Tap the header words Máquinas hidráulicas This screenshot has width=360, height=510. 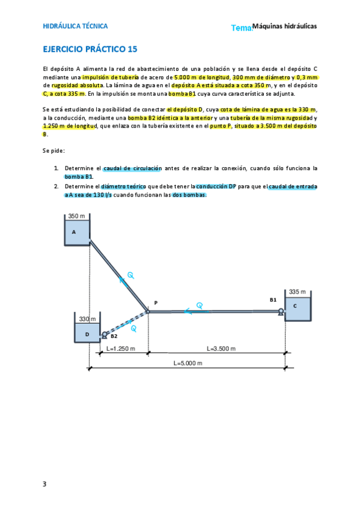tap(284, 26)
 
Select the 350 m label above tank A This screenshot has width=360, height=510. tap(76, 216)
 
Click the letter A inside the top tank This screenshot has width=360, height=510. tap(74, 232)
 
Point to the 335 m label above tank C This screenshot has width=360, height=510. tap(297, 292)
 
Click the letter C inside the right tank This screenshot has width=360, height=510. tap(295, 306)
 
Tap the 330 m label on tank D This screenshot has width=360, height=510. tap(88, 319)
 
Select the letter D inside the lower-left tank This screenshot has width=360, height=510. tap(87, 334)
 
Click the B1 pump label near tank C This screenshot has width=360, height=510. tap(273, 299)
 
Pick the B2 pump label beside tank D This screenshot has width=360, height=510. tap(114, 336)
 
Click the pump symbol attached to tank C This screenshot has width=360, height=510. tap(281, 312)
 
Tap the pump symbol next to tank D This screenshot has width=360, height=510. tap(105, 334)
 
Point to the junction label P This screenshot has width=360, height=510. tap(155, 303)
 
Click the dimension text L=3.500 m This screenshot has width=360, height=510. tap(222, 349)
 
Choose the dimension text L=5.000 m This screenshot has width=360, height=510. tap(188, 363)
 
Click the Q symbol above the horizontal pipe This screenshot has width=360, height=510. tap(200, 305)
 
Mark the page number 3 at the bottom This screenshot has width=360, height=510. tap(44, 484)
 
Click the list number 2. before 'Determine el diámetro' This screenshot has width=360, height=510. tap(56, 186)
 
